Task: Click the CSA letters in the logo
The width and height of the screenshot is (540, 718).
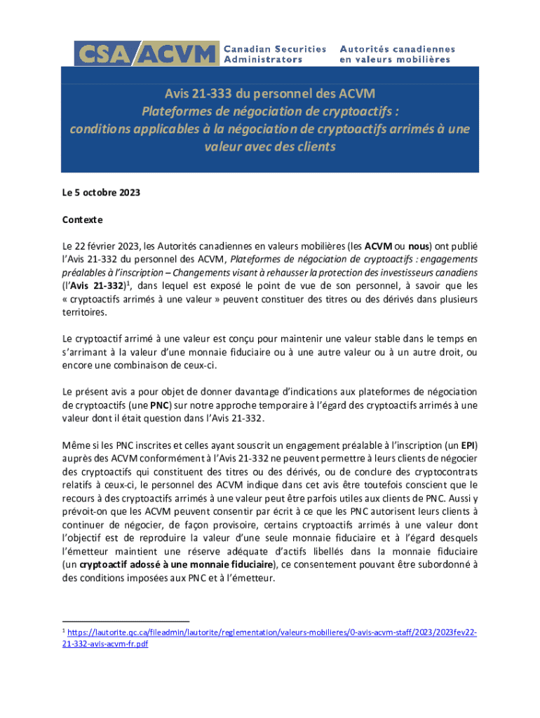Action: pyautogui.click(x=104, y=54)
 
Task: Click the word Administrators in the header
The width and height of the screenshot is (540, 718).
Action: pyautogui.click(x=263, y=60)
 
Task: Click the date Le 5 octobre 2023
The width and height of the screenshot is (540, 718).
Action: pyautogui.click(x=101, y=192)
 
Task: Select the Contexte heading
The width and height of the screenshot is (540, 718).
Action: pyautogui.click(x=82, y=219)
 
